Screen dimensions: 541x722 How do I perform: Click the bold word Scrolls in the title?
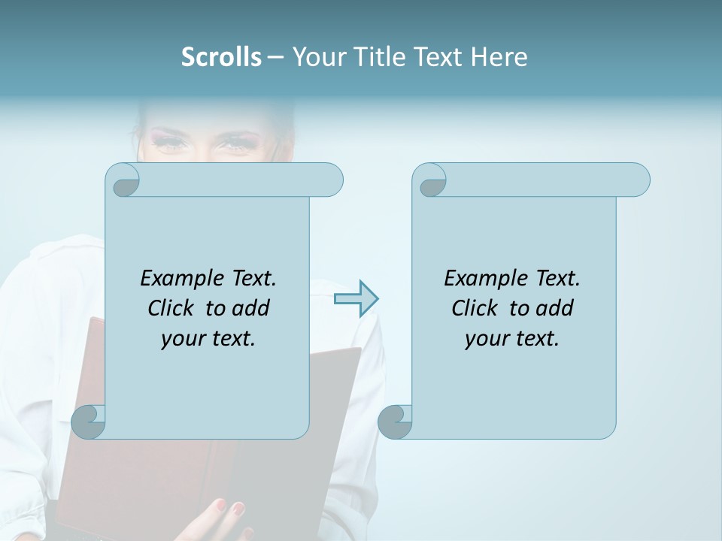click(221, 57)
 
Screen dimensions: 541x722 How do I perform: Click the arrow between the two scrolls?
click(356, 299)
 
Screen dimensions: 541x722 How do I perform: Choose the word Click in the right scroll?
click(475, 308)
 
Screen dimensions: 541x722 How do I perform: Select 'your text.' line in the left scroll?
click(208, 339)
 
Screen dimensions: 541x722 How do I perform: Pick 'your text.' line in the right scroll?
click(511, 339)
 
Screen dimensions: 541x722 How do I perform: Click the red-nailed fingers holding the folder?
click(229, 514)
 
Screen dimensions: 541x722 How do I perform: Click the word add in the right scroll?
click(555, 308)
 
